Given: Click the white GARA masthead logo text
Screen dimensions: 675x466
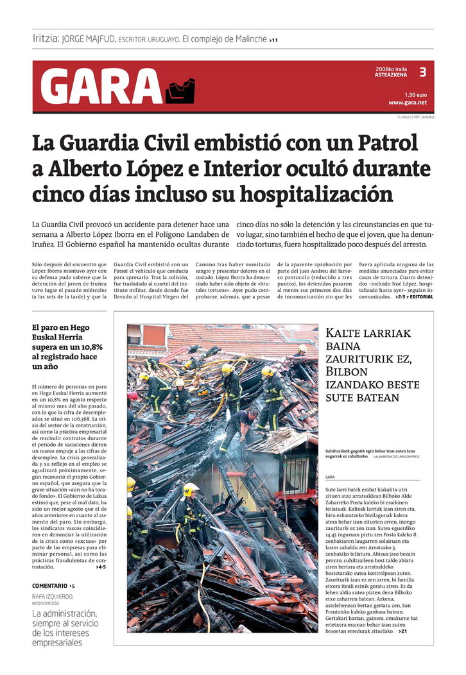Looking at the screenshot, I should coord(101,87).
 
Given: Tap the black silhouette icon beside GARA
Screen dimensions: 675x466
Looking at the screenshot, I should coord(180,90).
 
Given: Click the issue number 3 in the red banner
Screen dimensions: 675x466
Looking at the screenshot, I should coord(422,72).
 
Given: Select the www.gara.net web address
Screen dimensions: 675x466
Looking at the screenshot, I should coord(407,103).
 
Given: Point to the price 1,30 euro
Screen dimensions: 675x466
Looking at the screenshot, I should coord(415,94).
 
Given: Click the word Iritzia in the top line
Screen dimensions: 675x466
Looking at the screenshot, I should coord(46,39).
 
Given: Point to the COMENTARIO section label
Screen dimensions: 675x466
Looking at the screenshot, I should coord(49,586).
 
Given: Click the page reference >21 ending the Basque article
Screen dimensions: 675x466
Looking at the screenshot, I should coord(402,631).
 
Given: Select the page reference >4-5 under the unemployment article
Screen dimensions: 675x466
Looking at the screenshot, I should coord(100,567).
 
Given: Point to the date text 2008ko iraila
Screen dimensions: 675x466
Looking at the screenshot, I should coord(392,69).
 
